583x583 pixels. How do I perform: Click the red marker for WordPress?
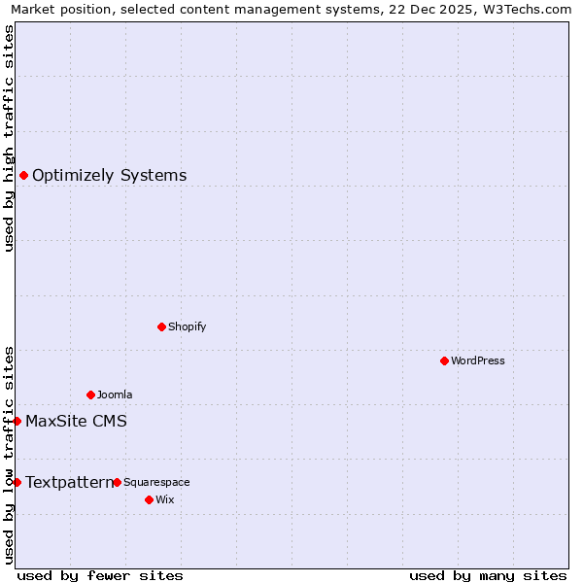click(444, 360)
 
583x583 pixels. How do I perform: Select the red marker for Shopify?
click(161, 326)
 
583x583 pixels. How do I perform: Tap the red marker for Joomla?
click(90, 394)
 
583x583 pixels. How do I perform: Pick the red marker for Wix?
click(149, 499)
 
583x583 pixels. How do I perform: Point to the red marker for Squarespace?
click(117, 482)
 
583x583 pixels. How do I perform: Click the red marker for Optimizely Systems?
click(23, 175)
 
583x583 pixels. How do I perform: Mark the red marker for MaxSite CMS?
click(17, 421)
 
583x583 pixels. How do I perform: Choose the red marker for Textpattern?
click(17, 482)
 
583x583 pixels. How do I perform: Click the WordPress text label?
click(478, 360)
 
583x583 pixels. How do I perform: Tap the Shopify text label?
click(188, 326)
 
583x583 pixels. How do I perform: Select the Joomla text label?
click(115, 394)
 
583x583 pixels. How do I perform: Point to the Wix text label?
click(165, 499)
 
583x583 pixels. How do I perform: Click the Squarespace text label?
click(156, 482)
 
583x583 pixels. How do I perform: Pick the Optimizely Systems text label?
click(110, 175)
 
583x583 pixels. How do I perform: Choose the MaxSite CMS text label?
click(76, 421)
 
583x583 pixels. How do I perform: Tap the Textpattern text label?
click(69, 482)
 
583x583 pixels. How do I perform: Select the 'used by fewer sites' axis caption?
click(100, 575)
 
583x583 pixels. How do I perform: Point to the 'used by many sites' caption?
click(488, 575)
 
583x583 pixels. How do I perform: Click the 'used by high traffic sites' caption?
click(9, 138)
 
